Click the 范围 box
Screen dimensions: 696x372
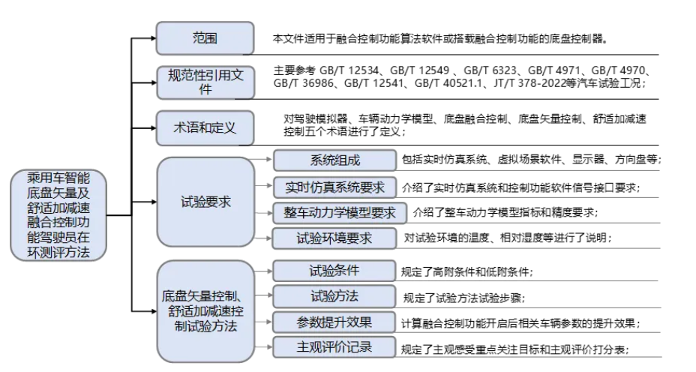(x=205, y=38)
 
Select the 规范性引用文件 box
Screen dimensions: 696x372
(x=205, y=82)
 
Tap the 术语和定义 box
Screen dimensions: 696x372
(x=205, y=127)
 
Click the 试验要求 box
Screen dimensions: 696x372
(x=205, y=202)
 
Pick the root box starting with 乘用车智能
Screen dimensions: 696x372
(x=58, y=214)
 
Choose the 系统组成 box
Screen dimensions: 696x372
(x=334, y=160)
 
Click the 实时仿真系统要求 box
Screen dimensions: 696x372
(x=334, y=187)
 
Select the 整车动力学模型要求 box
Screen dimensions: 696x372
(x=340, y=213)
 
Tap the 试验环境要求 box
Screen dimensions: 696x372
(x=334, y=238)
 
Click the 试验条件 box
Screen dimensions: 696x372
(x=334, y=271)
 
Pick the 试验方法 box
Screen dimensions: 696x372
(x=334, y=296)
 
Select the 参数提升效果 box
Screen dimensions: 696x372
(x=334, y=322)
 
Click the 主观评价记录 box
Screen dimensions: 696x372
(x=334, y=347)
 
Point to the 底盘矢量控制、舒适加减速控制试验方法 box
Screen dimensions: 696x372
(x=205, y=311)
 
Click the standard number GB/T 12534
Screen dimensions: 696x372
(x=349, y=70)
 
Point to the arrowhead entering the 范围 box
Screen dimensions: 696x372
(x=153, y=38)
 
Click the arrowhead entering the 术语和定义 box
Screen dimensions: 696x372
(x=153, y=127)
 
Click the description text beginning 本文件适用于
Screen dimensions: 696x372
(x=440, y=38)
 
